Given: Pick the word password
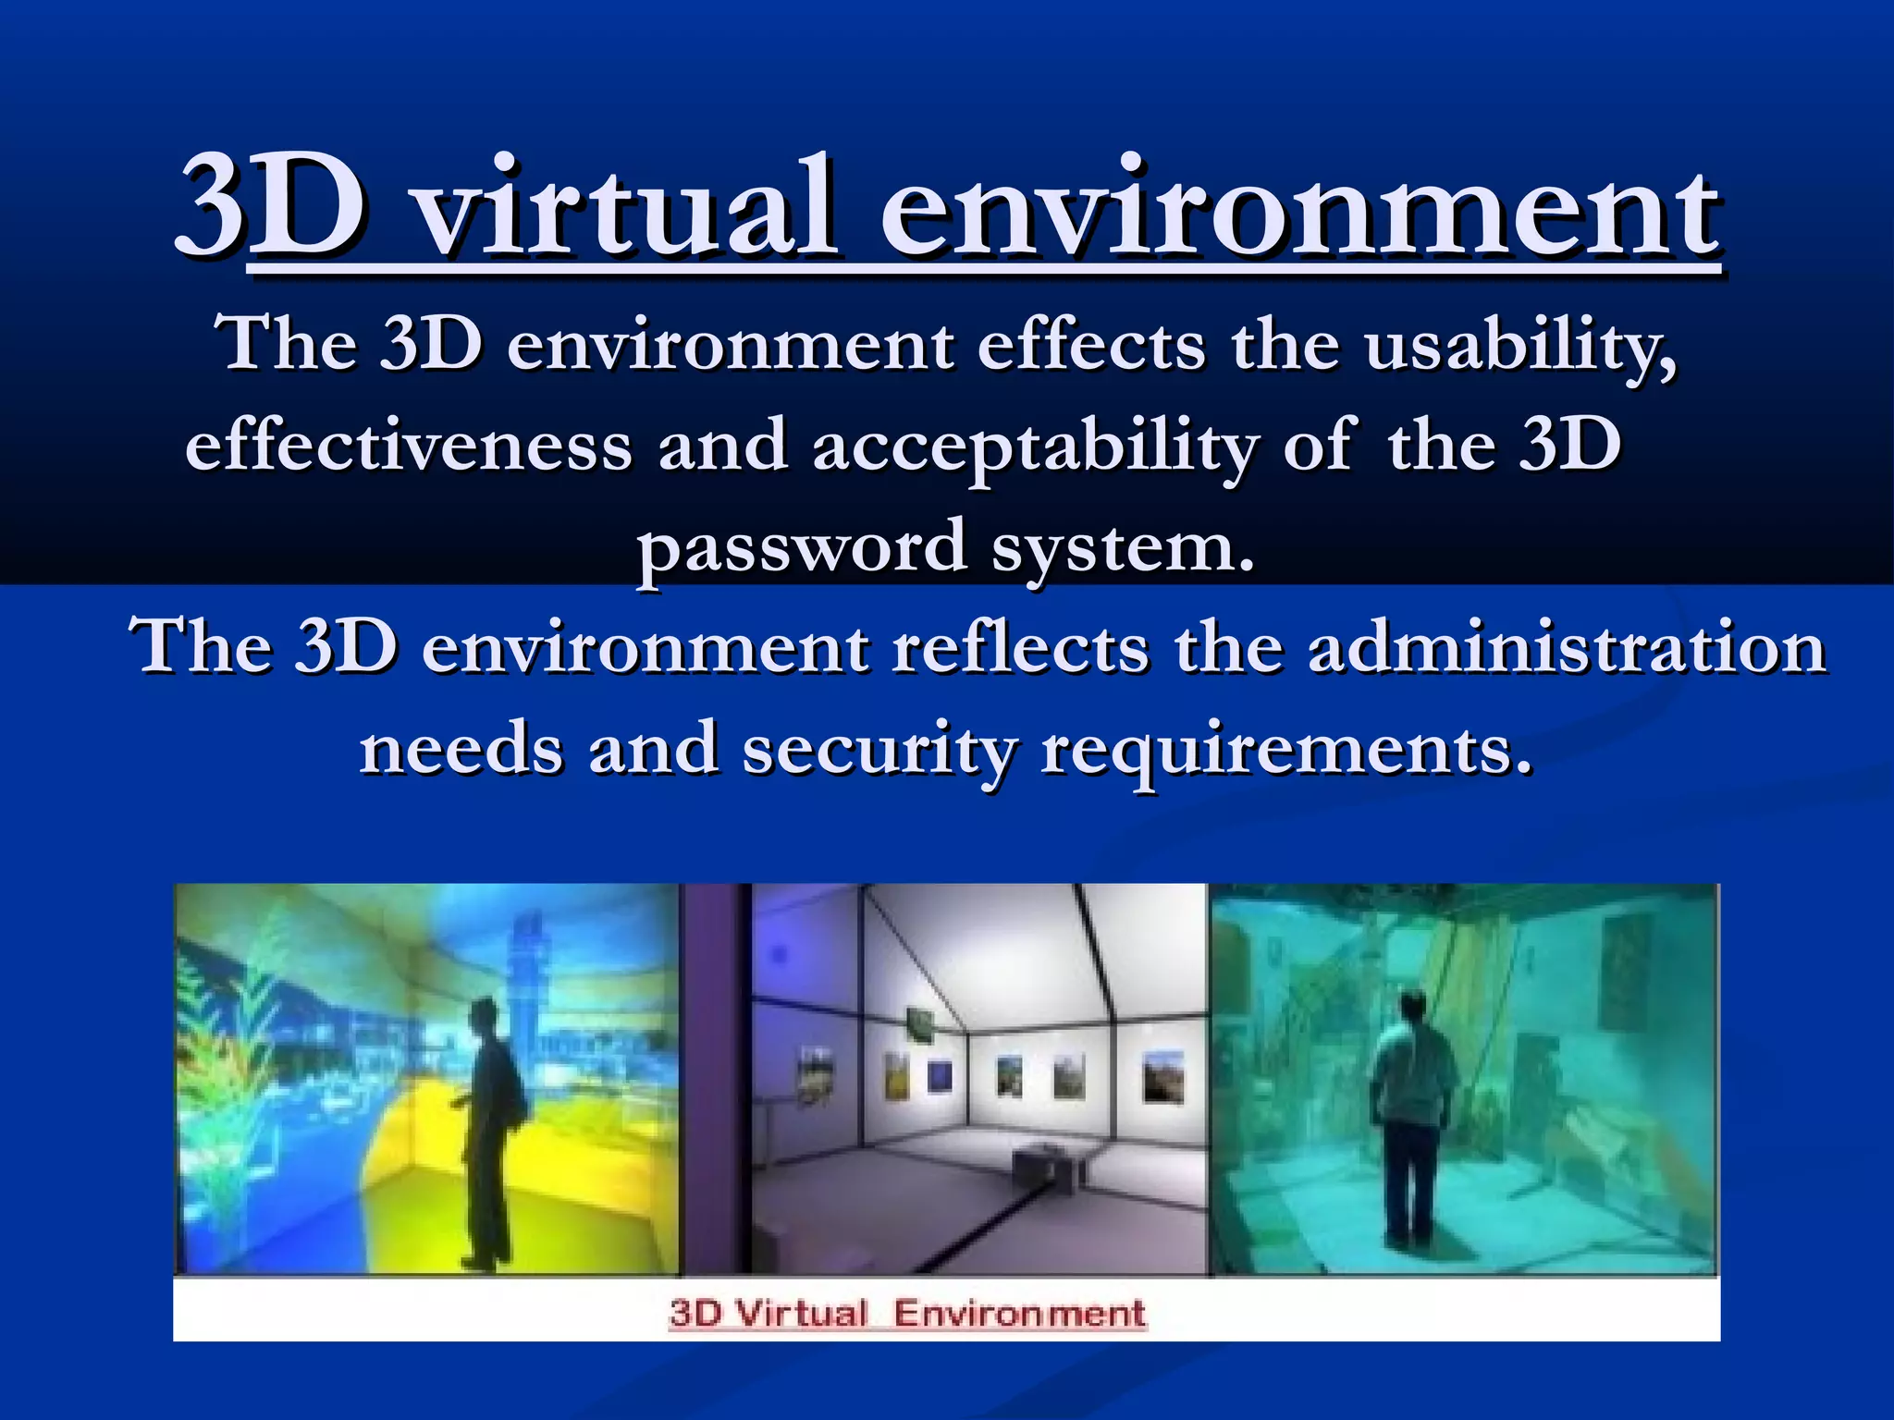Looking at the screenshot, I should point(801,547).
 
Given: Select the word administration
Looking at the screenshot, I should point(1567,647).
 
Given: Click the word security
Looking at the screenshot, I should point(879,749).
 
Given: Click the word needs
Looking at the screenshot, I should point(460,749).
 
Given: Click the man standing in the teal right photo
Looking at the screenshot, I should point(1409,1109).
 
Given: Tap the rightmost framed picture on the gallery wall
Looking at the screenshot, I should point(1162,1077).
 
